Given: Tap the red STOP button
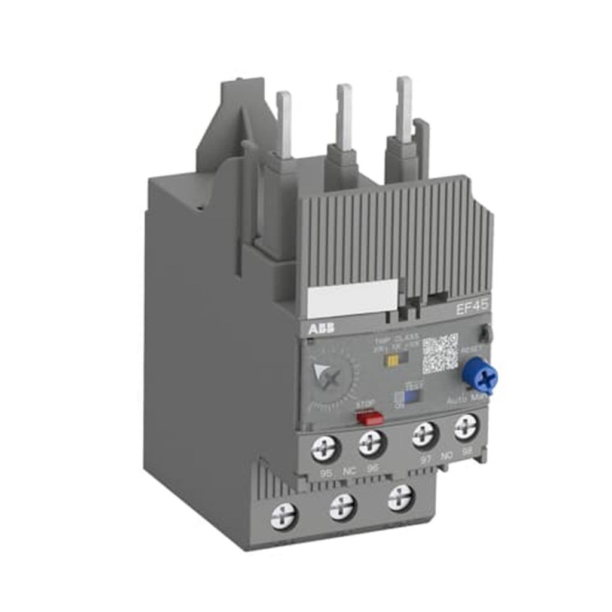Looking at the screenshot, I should click(369, 417).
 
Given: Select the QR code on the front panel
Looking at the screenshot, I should click(440, 354).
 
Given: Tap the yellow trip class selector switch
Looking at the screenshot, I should click(393, 361).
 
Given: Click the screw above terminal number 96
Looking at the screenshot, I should click(372, 443).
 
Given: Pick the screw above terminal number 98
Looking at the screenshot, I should click(466, 427).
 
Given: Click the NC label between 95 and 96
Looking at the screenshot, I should click(349, 472).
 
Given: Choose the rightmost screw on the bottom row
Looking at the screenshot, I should click(400, 497).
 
